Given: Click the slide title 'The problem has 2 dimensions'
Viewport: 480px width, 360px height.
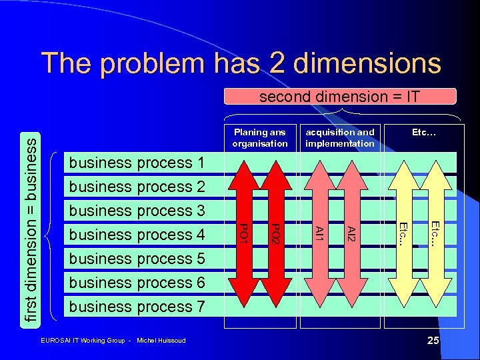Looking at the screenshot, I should [241, 63].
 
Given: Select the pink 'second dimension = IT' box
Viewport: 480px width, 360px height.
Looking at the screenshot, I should [339, 97].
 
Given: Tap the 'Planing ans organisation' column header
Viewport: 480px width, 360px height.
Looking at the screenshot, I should [260, 137].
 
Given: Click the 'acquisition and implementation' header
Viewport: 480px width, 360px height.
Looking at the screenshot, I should [340, 137].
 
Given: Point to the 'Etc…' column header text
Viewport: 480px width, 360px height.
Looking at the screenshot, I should [423, 133].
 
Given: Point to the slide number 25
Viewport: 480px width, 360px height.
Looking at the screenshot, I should [433, 341].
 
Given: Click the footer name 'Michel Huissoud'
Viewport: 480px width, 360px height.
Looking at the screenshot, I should [161, 341].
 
